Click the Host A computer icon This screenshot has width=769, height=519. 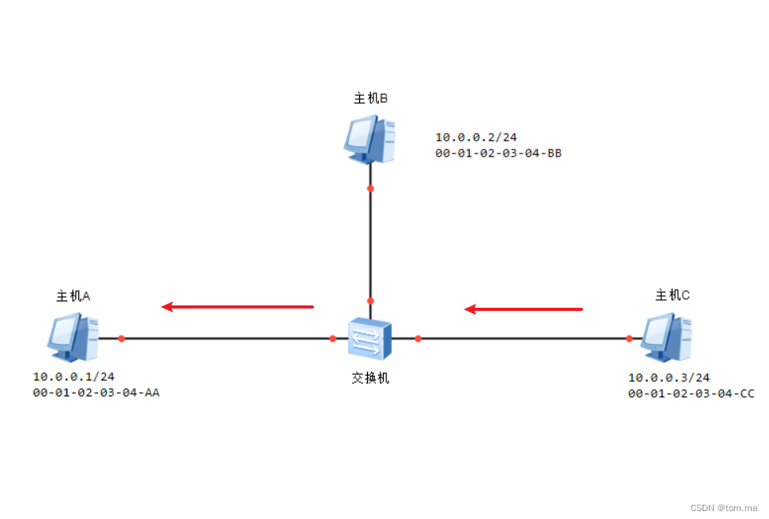coord(73,337)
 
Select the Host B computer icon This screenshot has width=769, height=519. coord(369,139)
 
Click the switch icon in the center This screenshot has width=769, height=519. coord(370,339)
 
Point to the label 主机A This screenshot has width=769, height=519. coord(73,296)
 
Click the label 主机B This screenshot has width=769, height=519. coord(370,98)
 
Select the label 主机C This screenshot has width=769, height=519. coord(672,295)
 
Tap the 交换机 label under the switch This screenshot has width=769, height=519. coord(370,378)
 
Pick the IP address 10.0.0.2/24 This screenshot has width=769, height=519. coord(476,137)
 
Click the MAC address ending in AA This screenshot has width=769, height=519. coord(96,392)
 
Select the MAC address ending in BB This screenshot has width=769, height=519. coord(498,153)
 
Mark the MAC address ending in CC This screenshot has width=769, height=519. coord(691,392)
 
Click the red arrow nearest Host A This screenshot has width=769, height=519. coord(237,306)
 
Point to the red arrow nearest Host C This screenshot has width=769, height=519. coord(523,309)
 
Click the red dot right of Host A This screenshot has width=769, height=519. coord(121,339)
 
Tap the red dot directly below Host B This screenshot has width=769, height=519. coord(370,188)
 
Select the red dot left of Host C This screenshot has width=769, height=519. coord(629,339)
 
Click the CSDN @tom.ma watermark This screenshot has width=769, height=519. coord(724,508)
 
